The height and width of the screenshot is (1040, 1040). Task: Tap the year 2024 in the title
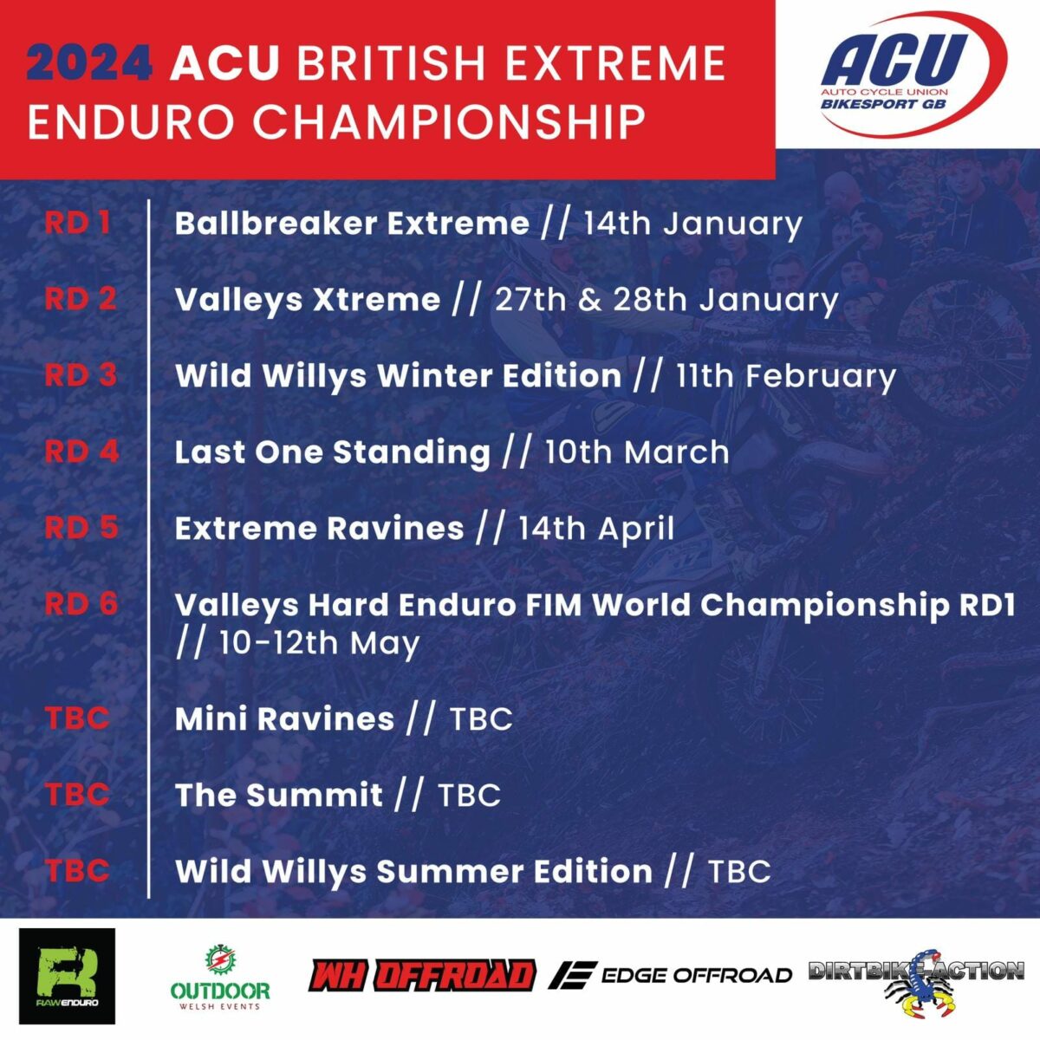(89, 63)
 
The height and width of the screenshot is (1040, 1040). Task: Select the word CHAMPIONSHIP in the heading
(449, 122)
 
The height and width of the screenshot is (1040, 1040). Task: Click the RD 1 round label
(78, 223)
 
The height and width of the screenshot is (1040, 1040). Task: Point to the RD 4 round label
(81, 451)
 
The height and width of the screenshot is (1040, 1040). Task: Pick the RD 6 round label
(81, 603)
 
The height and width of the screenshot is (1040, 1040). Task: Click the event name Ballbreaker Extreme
(352, 223)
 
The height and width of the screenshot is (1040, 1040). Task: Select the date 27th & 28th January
(666, 300)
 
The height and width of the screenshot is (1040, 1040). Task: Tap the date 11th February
(786, 376)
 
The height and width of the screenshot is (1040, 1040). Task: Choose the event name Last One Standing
(333, 452)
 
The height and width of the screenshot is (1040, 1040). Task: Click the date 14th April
(596, 529)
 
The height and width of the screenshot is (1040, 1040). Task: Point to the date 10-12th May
(320, 643)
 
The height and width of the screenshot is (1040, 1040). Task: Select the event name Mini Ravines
(284, 718)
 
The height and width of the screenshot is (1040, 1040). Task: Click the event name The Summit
(278, 795)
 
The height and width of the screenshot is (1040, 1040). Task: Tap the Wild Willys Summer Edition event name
(413, 872)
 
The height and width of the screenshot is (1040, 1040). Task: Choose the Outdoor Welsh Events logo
(220, 978)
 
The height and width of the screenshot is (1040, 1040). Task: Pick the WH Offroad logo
(422, 975)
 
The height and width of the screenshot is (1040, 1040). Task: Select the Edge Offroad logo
(670, 975)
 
